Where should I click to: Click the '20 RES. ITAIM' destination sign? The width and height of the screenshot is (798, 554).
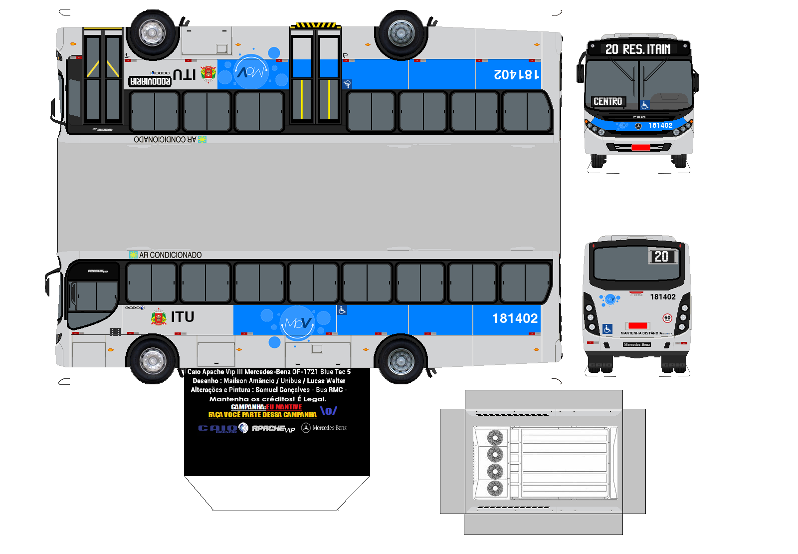click(638, 49)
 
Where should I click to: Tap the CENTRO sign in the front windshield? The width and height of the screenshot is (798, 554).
click(607, 101)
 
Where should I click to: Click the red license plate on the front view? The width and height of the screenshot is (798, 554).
click(640, 147)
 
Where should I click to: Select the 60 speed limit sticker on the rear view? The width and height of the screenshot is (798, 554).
click(667, 318)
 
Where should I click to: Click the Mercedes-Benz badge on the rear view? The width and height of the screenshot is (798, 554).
click(637, 344)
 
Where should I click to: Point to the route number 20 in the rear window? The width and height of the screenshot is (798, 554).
click(661, 257)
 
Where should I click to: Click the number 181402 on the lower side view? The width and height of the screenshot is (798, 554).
click(515, 318)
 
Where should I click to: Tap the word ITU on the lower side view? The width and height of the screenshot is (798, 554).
click(183, 317)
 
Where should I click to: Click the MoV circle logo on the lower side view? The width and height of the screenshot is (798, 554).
click(298, 323)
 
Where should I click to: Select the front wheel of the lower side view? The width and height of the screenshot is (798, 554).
click(153, 360)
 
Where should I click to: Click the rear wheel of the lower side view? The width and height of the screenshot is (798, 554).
click(400, 360)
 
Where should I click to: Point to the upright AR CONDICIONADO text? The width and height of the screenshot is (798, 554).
click(170, 255)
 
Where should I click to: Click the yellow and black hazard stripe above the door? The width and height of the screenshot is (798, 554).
click(315, 25)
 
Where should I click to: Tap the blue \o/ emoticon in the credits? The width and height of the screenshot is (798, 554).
click(329, 411)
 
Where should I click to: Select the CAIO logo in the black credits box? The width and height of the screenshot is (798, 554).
click(218, 428)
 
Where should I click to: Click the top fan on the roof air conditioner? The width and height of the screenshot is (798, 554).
click(495, 438)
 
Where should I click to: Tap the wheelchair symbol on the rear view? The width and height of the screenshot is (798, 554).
click(607, 329)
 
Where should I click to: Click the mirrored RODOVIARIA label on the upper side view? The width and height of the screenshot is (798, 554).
click(150, 81)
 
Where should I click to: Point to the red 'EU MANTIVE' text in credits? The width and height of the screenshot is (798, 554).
click(284, 407)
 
